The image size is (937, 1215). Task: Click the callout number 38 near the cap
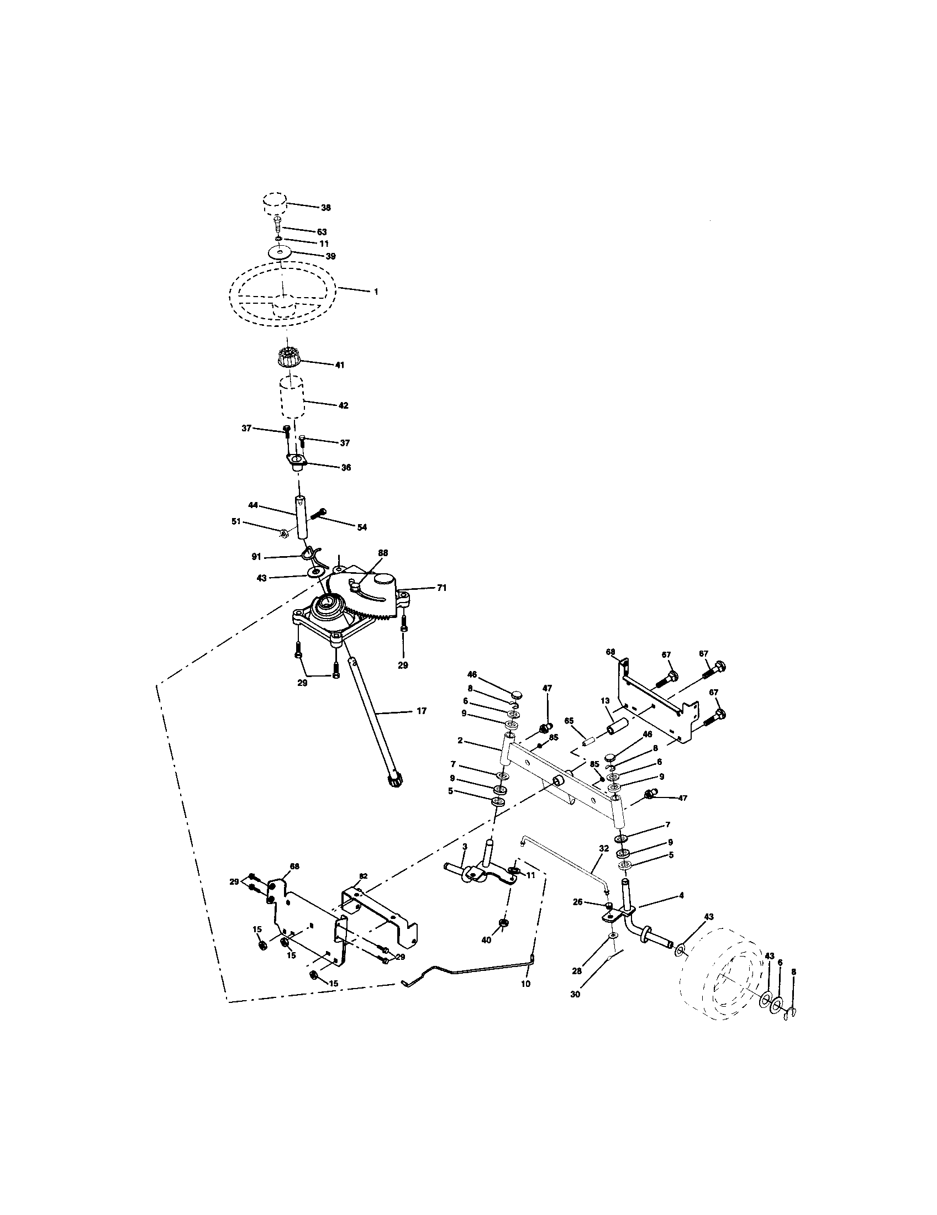[x=325, y=208]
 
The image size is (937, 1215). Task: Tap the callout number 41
[x=339, y=365]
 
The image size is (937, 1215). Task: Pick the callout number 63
[x=322, y=231]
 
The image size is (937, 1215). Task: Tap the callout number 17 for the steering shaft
[x=421, y=710]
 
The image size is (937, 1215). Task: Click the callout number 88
[x=382, y=553]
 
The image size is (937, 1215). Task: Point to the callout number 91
[x=256, y=556]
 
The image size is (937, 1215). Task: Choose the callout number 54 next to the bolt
[x=362, y=527]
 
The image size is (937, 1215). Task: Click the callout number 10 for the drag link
[x=525, y=984]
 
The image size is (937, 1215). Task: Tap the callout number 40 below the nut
[x=486, y=939]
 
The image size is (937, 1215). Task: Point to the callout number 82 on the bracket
[x=363, y=876]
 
